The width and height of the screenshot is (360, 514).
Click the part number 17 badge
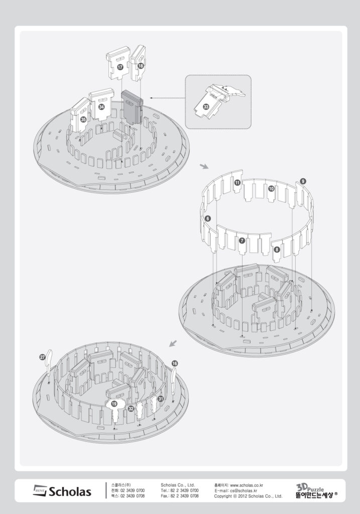tap(120, 66)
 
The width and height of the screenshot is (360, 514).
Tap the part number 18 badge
tap(141, 65)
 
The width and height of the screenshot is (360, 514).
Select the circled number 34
tap(101, 107)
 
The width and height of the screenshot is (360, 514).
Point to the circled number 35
tap(83, 119)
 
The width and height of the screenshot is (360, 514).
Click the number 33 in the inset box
tap(206, 107)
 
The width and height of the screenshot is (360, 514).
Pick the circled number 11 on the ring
tap(237, 183)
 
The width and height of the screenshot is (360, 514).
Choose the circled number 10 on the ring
tap(271, 189)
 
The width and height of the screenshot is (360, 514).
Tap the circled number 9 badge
tap(303, 180)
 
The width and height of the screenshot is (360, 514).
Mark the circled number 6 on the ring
tap(208, 218)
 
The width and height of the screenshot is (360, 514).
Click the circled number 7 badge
tap(243, 241)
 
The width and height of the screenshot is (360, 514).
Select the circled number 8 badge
tap(277, 249)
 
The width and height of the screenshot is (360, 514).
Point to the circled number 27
tap(42, 357)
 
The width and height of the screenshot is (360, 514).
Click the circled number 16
tap(174, 363)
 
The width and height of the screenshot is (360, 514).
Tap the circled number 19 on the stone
tap(114, 404)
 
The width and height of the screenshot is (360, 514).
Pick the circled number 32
tap(131, 409)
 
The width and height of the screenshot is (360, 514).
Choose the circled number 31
tap(161, 399)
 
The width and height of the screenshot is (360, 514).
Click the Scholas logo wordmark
tap(63, 491)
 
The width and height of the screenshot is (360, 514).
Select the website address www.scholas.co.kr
tap(247, 485)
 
